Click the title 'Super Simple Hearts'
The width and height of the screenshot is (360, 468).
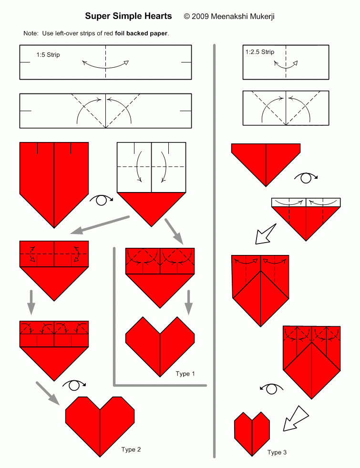click(128, 16)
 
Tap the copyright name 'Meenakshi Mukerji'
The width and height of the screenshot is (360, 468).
click(242, 16)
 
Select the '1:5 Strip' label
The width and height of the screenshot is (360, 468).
click(48, 55)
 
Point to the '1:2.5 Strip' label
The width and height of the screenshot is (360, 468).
click(260, 52)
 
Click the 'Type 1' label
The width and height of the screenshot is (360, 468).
click(185, 374)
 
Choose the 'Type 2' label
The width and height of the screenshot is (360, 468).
click(131, 449)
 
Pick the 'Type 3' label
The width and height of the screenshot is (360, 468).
click(277, 452)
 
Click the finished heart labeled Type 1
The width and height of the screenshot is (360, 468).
click(160, 346)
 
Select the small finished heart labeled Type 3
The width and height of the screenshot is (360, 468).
click(252, 434)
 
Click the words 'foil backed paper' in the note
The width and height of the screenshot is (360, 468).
click(141, 33)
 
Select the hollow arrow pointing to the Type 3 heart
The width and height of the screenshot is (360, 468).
click(296, 418)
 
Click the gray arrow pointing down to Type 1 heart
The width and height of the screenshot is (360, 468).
click(188, 302)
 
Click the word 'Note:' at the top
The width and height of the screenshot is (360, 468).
click(31, 33)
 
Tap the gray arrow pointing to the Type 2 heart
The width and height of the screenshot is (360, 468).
click(48, 393)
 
